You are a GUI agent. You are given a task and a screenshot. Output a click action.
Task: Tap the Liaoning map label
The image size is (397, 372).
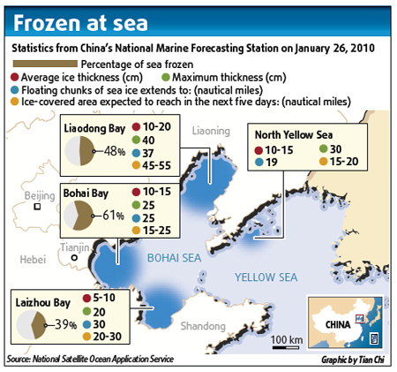point(209,129)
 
